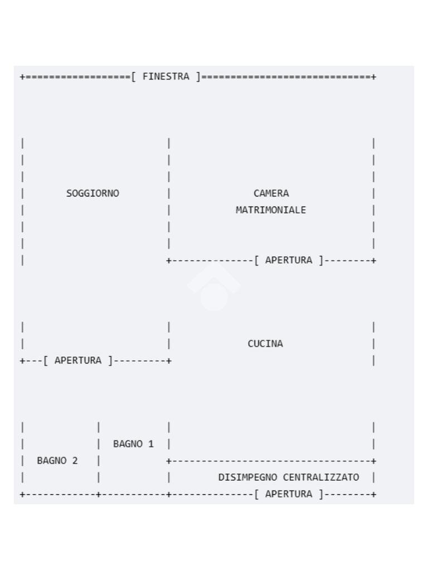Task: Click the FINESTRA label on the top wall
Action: pos(166,77)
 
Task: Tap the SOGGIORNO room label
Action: pos(93,193)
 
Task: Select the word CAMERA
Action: pos(271,193)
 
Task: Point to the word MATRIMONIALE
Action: pos(271,210)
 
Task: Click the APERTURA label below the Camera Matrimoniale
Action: pos(289,261)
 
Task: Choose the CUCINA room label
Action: pos(265,343)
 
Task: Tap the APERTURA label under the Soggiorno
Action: pos(78,360)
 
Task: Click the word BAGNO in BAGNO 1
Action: pos(128,444)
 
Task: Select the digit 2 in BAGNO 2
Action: pos(75,460)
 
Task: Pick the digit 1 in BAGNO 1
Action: pos(151,444)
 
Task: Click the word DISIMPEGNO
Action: pos(247,477)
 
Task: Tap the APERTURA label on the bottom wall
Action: pos(289,494)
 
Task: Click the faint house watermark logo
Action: pos(214,287)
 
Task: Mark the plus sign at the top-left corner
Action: pos(22,77)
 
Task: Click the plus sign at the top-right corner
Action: pos(373,77)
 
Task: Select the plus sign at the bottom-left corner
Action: pos(22,494)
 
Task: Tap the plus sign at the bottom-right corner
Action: pos(373,494)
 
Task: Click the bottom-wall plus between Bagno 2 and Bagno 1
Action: pos(98,494)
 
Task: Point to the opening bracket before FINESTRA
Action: pos(134,77)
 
